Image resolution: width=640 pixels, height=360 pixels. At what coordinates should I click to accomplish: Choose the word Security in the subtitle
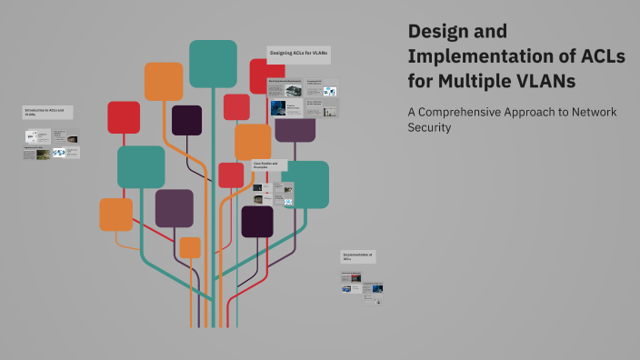pos(430,127)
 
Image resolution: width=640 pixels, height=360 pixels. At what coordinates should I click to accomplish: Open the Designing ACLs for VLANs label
pos(299,55)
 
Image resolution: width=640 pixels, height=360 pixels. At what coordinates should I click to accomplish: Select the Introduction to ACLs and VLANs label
pos(47,112)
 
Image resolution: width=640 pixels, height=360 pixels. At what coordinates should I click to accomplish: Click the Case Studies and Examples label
pos(269,165)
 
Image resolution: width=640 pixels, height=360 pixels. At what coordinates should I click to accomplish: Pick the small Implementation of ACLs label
pos(358,256)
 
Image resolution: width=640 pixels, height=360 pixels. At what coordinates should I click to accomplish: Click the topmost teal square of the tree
pos(213,64)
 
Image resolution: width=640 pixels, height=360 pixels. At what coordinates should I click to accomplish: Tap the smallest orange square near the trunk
pos(190,247)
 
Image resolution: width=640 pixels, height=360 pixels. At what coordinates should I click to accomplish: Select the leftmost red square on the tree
pos(124,117)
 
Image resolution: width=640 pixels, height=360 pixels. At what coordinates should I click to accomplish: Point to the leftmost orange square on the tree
pos(116,215)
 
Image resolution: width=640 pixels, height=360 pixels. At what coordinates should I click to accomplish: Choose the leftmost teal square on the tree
pos(141,167)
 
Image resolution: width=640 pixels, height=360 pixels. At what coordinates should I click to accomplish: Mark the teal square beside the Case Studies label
pos(306,185)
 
